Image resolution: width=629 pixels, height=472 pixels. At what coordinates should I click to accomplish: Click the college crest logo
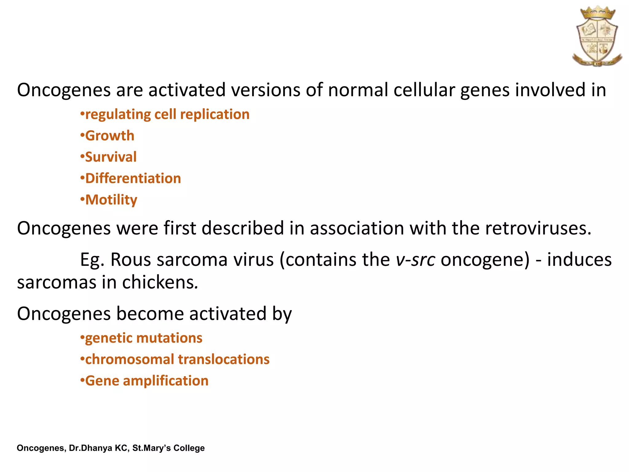[x=597, y=36]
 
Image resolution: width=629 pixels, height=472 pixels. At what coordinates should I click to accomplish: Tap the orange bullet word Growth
[x=110, y=136]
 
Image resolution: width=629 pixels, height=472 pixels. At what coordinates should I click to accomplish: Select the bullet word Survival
[x=111, y=157]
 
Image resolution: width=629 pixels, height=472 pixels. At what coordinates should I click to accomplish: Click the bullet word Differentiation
[x=133, y=179]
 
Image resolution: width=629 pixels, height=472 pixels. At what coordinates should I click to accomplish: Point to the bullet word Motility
[x=111, y=200]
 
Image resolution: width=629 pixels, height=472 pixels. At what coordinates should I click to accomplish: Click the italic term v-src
[x=415, y=260]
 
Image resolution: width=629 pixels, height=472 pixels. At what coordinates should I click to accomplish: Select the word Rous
[x=131, y=260]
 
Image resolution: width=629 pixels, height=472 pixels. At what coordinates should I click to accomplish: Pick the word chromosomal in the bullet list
[x=129, y=360]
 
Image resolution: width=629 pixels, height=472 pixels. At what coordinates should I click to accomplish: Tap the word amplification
[x=166, y=381]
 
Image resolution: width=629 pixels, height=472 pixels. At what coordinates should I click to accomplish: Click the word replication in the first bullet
[x=215, y=115]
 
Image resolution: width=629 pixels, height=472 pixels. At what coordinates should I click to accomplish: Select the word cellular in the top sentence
[x=424, y=90]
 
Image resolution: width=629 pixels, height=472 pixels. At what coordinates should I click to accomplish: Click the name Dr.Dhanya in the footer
[x=91, y=448]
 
